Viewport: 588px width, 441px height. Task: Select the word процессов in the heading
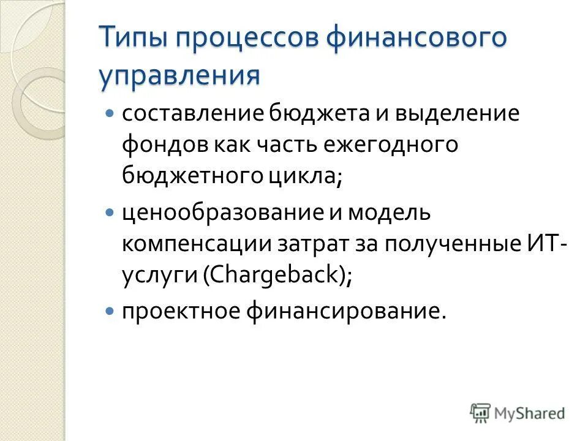(247, 38)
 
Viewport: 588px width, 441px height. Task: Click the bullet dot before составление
(110, 114)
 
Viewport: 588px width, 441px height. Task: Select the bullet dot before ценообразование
(110, 213)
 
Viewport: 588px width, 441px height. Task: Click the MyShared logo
(518, 412)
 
